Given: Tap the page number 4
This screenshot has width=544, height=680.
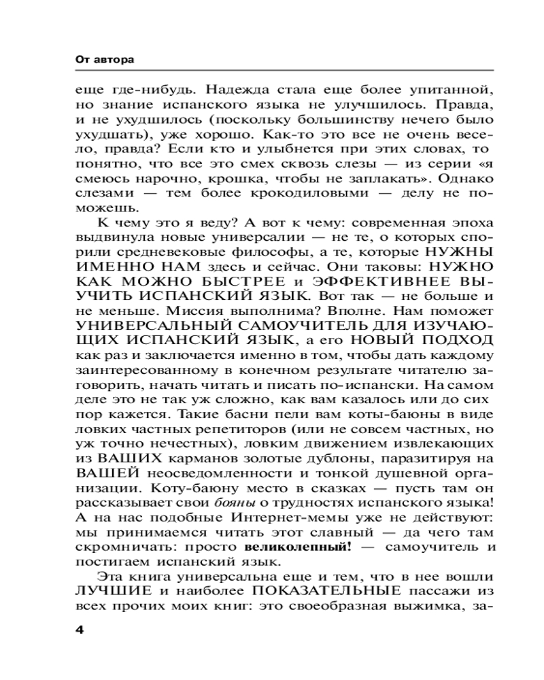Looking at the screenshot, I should pos(80,629).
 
